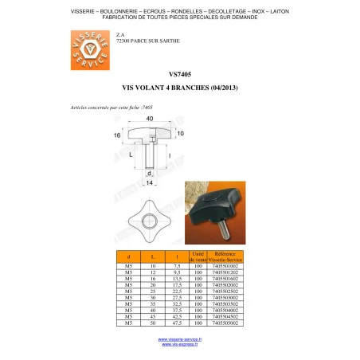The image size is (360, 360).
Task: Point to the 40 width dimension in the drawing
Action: click(x=150, y=119)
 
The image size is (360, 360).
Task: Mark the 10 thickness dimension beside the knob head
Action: click(x=180, y=133)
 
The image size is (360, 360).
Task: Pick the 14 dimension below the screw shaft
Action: click(x=150, y=182)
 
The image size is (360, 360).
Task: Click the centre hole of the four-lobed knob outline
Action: click(x=150, y=221)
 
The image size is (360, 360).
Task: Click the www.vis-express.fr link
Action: click(x=180, y=346)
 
